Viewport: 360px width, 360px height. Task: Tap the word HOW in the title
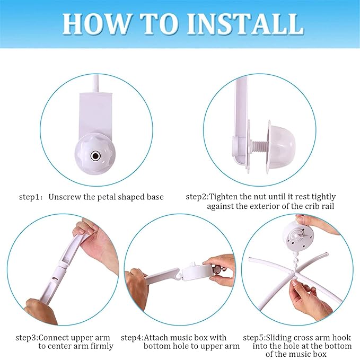tap(96, 24)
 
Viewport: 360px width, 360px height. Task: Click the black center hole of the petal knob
tap(94, 156)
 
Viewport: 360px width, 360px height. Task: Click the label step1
tap(29, 197)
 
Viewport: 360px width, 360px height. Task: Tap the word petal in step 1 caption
tap(107, 197)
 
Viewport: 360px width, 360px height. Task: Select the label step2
tap(197, 197)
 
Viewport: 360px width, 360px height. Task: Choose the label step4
tap(132, 338)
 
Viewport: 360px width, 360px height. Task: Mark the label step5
tap(254, 338)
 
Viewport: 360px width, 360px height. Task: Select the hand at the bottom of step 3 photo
tap(41, 311)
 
